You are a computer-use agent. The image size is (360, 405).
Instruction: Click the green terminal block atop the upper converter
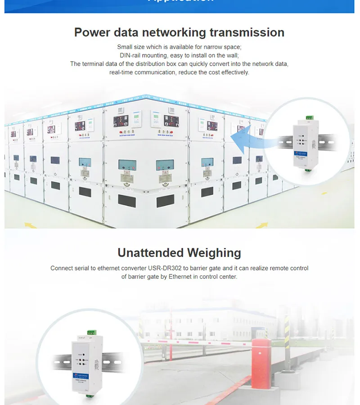[309, 118]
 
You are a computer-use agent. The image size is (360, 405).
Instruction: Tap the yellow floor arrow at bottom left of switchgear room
[29, 225]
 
